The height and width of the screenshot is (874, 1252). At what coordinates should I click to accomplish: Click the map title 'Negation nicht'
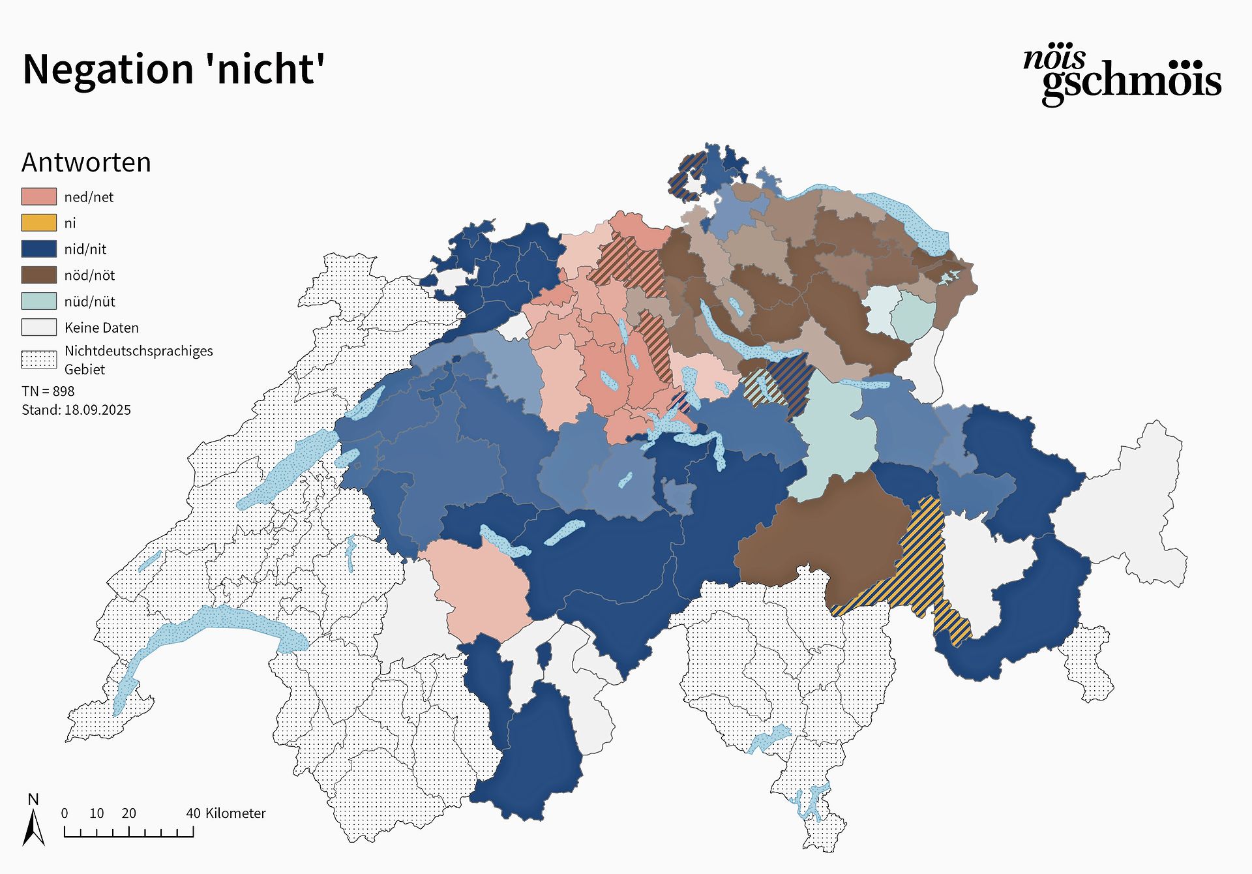[173, 69]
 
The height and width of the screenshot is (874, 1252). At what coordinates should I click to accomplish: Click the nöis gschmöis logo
[1122, 75]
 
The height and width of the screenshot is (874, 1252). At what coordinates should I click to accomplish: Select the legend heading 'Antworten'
[86, 162]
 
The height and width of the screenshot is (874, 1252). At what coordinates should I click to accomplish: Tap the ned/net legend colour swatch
[38, 196]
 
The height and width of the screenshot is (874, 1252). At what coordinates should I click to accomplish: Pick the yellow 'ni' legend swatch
[38, 222]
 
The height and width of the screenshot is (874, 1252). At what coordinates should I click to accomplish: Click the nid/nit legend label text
[85, 249]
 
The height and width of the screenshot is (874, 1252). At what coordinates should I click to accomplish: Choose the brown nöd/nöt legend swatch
[38, 275]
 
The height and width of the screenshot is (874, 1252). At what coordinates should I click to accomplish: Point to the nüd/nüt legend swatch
[38, 301]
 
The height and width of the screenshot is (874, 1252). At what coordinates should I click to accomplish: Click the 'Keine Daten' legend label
[101, 327]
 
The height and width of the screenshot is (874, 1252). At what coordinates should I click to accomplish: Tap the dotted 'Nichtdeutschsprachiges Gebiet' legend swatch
[38, 359]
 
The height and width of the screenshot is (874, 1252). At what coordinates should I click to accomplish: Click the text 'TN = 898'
[48, 391]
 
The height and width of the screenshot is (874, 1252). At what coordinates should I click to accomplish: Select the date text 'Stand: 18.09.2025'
[76, 410]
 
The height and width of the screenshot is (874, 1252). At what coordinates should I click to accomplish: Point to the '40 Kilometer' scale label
[226, 813]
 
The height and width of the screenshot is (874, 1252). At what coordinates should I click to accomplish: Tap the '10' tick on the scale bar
[97, 813]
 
